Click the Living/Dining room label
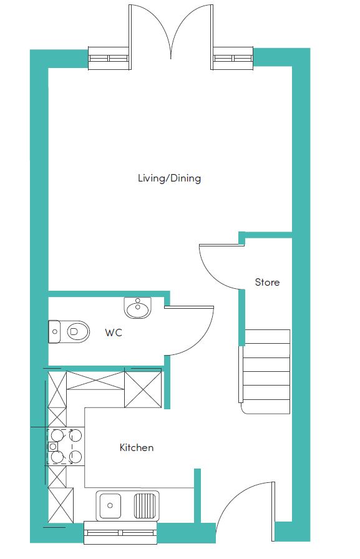[169, 178]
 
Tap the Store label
[267, 283]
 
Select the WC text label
[114, 333]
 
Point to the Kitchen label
[137, 447]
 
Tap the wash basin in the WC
[138, 308]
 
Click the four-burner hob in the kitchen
[66, 446]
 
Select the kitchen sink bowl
[110, 505]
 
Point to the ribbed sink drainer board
[145, 505]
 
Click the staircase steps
[266, 371]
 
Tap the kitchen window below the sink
[120, 533]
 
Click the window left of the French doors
[109, 58]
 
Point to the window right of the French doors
[233, 58]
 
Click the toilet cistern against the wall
[54, 332]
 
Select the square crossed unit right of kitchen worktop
[143, 389]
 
